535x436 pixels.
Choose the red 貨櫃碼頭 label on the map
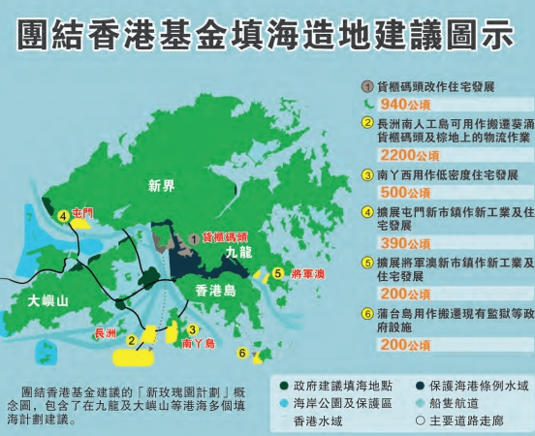[x=225, y=235]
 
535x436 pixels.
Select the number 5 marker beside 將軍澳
[x=277, y=273]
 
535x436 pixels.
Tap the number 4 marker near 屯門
[x=63, y=216]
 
